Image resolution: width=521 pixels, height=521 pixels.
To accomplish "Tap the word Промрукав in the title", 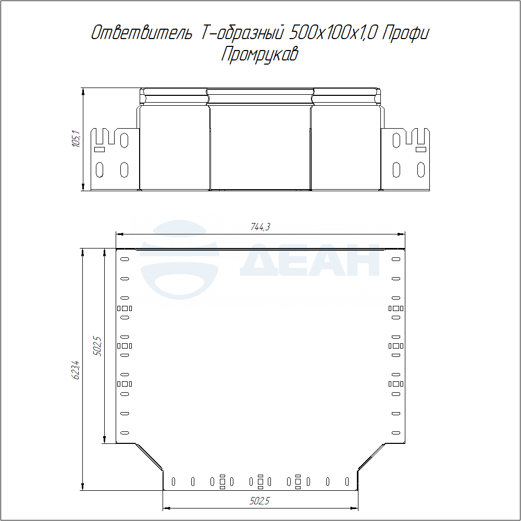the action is tap(260, 54).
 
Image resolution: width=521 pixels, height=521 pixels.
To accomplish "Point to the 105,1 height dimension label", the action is tap(77, 139).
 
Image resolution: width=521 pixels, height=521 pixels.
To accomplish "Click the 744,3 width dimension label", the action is tap(260, 227).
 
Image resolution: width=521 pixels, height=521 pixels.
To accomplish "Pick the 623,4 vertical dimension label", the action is tap(76, 370).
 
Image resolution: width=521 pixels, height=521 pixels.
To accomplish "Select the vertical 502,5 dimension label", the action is tap(98, 346).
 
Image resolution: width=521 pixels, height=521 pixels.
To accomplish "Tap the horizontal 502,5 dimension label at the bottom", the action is tap(259, 501).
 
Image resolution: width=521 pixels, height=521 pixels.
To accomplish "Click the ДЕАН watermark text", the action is tap(309, 260).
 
